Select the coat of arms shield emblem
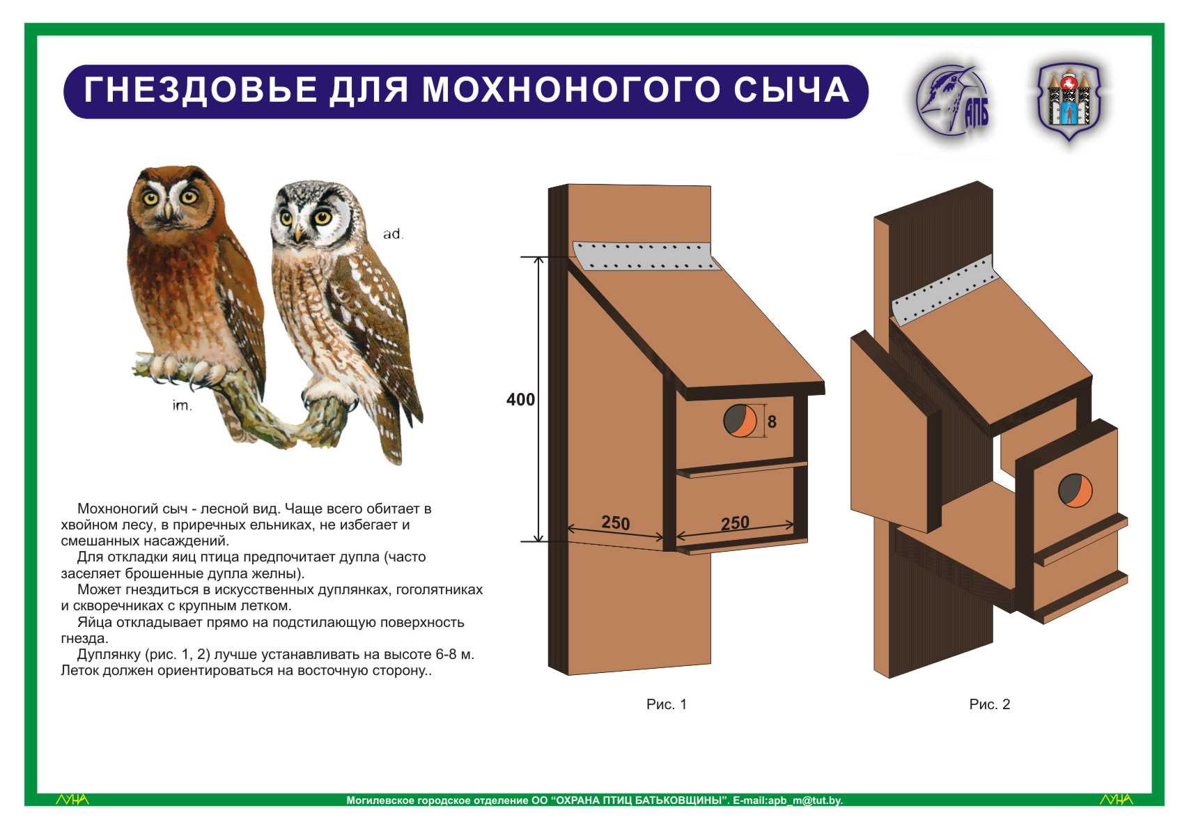coord(1068,101)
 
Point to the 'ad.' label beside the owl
coord(394,233)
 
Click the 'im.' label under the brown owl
coord(182,406)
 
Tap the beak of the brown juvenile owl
coord(168,210)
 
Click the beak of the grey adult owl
coord(299,233)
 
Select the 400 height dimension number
coord(520,400)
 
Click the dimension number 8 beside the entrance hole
coord(772,422)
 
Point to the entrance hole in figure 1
coord(740,421)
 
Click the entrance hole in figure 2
coord(1075,490)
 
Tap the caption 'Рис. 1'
coord(666,704)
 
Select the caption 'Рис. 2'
coord(989,704)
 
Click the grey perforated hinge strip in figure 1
coord(646,256)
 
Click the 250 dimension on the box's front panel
coord(735,523)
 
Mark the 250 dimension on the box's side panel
coord(615,522)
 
